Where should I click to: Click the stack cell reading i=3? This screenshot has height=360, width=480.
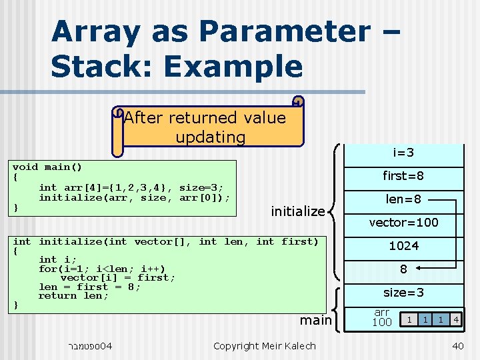pyautogui.click(x=403, y=153)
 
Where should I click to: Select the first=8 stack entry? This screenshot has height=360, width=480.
pyautogui.click(x=403, y=176)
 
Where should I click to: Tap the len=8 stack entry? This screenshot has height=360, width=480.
pyautogui.click(x=403, y=199)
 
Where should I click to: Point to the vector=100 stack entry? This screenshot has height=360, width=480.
pyautogui.click(x=403, y=223)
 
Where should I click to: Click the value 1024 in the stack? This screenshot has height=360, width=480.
pyautogui.click(x=403, y=246)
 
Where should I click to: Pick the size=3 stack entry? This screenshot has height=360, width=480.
pyautogui.click(x=403, y=293)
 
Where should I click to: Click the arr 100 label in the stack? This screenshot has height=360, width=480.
pyautogui.click(x=381, y=317)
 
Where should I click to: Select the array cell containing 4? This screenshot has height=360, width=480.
pyautogui.click(x=455, y=319)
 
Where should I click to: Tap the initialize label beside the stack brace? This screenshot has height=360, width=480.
pyautogui.click(x=297, y=211)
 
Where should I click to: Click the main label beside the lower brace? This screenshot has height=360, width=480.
pyautogui.click(x=315, y=320)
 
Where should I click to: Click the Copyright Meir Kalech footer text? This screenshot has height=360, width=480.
pyautogui.click(x=264, y=345)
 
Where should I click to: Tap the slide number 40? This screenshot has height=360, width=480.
pyautogui.click(x=457, y=345)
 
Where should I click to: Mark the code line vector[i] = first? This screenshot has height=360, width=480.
pyautogui.click(x=117, y=277)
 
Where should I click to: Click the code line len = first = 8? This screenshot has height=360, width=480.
pyautogui.click(x=89, y=287)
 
